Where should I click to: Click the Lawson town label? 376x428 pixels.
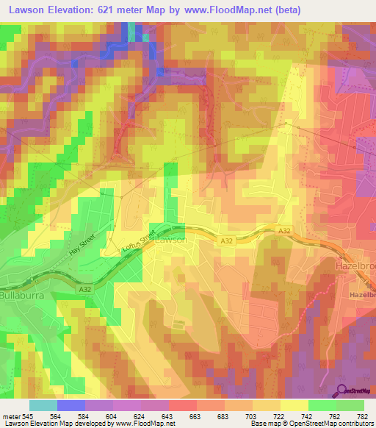click(x=172, y=240)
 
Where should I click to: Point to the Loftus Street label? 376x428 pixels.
click(x=140, y=244)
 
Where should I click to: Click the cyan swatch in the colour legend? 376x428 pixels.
click(x=43, y=405)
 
